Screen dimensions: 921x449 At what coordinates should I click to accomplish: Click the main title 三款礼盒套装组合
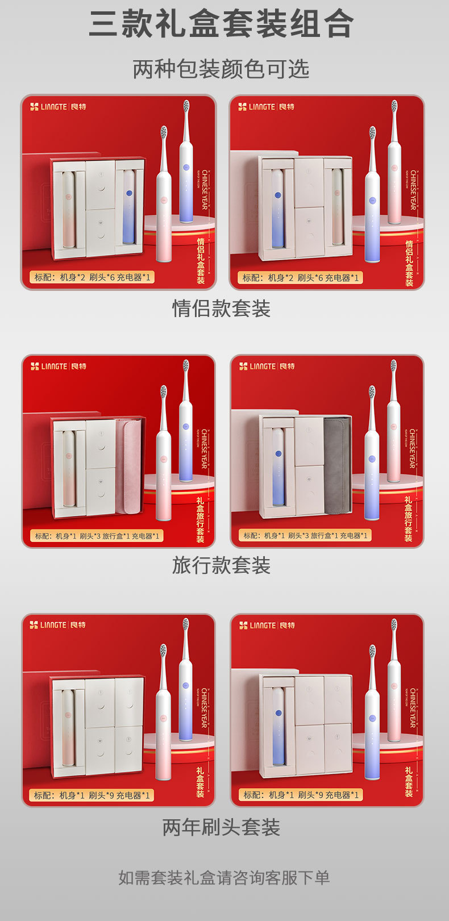tap(221, 24)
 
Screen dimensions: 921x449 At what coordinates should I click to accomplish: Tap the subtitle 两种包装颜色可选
tap(221, 69)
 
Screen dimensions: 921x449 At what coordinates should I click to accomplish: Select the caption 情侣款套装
tap(221, 309)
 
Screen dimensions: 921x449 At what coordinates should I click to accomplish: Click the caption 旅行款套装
tap(221, 565)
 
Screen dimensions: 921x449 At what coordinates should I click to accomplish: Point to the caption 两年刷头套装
tap(221, 827)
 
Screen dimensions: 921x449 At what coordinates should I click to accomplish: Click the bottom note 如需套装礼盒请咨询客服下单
tap(224, 878)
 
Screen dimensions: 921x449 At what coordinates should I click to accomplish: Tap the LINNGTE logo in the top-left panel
tap(58, 106)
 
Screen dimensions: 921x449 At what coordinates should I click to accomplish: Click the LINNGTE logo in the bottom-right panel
tap(267, 625)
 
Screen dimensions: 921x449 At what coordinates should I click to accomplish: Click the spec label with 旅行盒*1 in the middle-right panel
tap(306, 535)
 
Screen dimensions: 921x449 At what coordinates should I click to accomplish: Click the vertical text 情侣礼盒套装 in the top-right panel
tap(409, 262)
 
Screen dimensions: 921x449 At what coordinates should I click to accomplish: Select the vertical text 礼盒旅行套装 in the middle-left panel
tap(200, 520)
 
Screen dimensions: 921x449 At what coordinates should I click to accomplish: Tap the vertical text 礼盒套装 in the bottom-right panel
tap(409, 782)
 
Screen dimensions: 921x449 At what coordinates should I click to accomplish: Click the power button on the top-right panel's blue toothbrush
tap(372, 201)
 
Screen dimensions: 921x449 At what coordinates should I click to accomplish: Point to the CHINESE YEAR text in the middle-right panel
tap(413, 449)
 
